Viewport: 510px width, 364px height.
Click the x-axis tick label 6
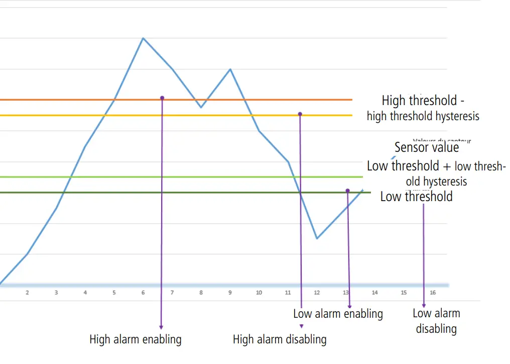[x=143, y=293]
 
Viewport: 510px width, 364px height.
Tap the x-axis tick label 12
[x=317, y=293]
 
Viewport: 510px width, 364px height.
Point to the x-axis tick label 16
[x=433, y=293]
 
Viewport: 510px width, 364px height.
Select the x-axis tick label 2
[x=27, y=293]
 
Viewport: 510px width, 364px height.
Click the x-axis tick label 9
[x=230, y=293]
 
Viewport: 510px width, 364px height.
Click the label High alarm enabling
[x=136, y=339]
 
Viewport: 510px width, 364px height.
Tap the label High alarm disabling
[x=280, y=339]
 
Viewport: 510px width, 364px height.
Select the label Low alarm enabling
[x=338, y=314]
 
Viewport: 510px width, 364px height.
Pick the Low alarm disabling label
[x=436, y=321]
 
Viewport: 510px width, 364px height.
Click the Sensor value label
[x=427, y=147]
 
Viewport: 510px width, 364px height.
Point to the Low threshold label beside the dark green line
[x=416, y=197]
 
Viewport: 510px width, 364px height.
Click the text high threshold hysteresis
[x=423, y=116]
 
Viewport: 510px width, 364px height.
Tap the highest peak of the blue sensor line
[x=143, y=38]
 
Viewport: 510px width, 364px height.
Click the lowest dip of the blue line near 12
[x=317, y=238]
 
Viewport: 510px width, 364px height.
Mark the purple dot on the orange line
[x=162, y=98]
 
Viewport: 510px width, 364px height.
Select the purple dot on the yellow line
[x=300, y=114]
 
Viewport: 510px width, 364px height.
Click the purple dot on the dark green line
[x=347, y=191]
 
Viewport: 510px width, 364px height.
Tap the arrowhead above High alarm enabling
[x=161, y=327]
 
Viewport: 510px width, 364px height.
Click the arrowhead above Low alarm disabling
[x=424, y=305]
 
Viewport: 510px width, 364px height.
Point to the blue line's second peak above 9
[x=230, y=69]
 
